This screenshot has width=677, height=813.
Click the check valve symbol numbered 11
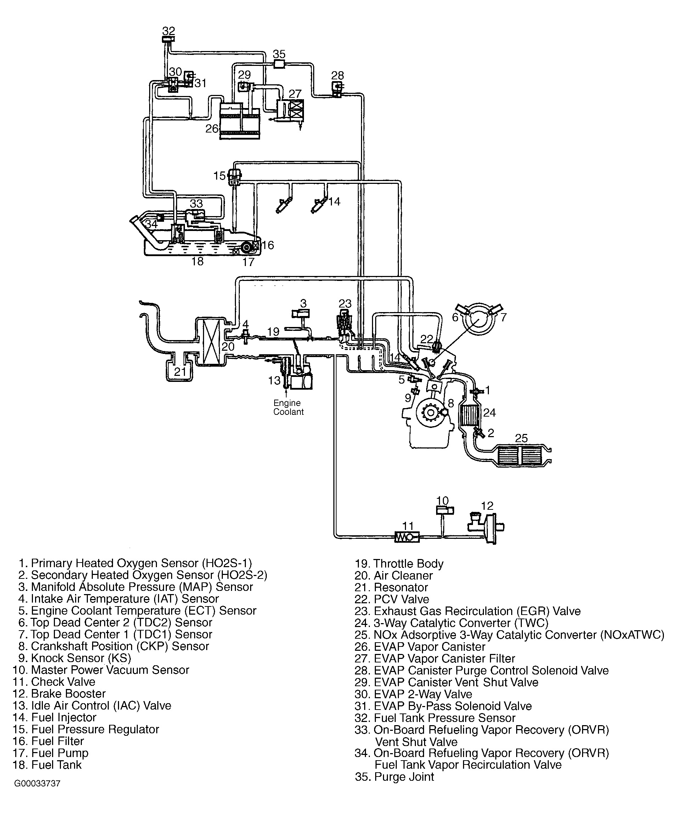(x=406, y=537)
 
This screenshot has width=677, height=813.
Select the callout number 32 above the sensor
(x=168, y=30)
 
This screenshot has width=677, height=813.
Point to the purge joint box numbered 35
(x=279, y=64)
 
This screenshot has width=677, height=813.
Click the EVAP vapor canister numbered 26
(x=239, y=121)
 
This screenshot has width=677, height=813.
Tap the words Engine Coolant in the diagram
(x=288, y=407)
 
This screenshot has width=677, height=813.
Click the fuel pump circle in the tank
(x=247, y=247)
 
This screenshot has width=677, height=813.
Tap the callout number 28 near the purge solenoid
(x=338, y=75)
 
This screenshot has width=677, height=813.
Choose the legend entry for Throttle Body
(x=399, y=564)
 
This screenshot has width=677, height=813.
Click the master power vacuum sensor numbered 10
(x=445, y=510)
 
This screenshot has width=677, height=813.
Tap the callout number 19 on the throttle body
(x=273, y=331)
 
